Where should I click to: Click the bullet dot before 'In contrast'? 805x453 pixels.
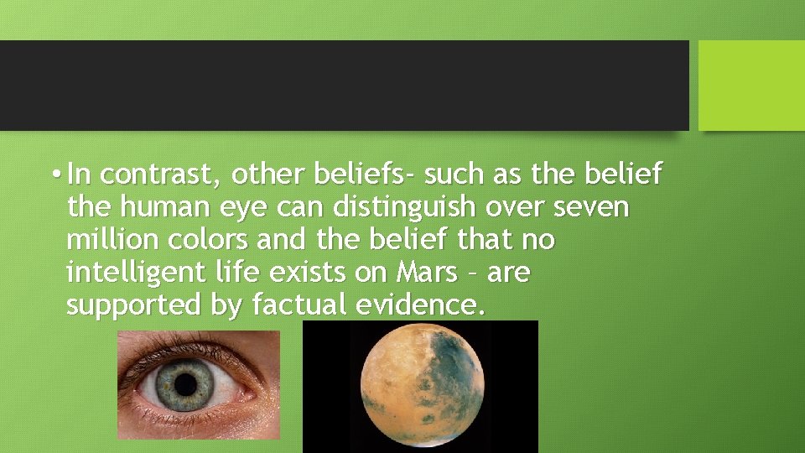click(x=55, y=175)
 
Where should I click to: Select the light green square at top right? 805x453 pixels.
click(x=751, y=85)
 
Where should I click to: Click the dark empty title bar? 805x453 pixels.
click(x=344, y=85)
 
